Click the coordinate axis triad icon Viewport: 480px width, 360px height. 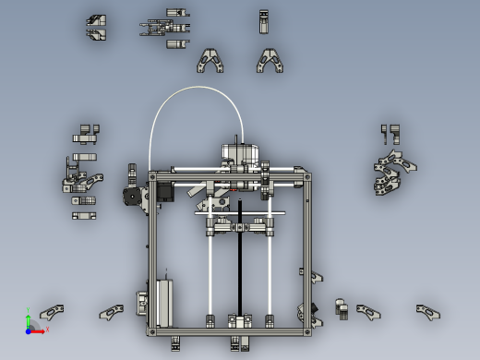point(30,324)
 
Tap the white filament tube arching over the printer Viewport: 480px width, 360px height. point(195,89)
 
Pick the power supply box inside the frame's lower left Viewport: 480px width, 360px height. point(163,302)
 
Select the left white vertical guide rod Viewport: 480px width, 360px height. point(210,272)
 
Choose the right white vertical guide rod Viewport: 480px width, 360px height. point(270,272)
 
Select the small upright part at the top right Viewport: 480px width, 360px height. point(264,21)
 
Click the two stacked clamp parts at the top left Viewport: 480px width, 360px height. point(96,28)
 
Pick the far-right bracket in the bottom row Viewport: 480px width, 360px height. point(427,312)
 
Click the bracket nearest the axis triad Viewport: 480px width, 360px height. point(52,312)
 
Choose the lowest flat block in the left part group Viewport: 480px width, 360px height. point(86,215)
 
